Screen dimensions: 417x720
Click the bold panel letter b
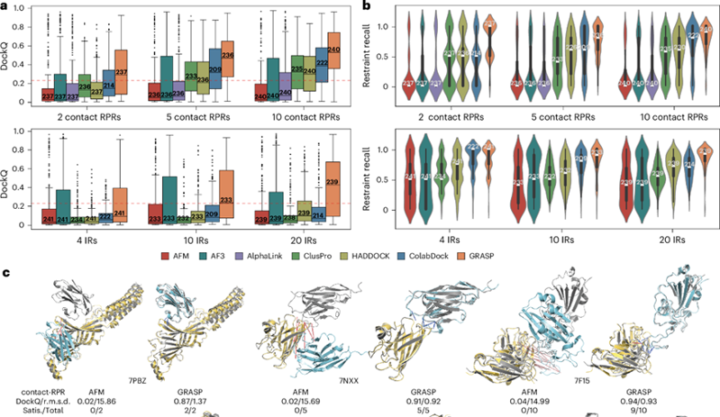pos(369,6)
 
